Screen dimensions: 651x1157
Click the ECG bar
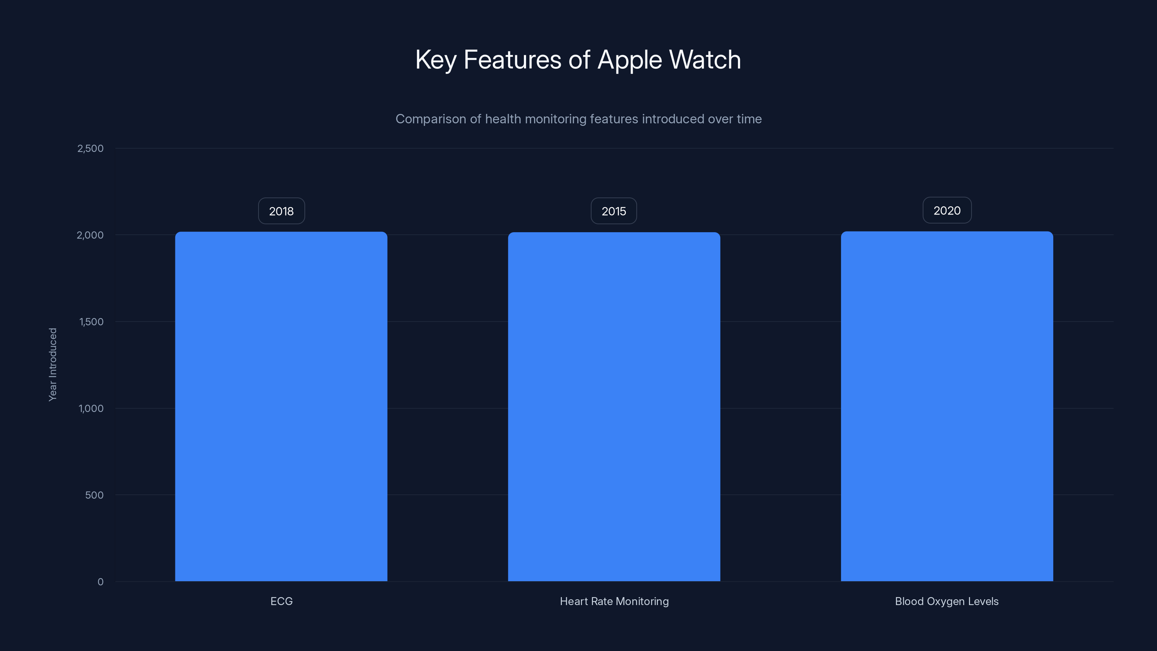(281, 407)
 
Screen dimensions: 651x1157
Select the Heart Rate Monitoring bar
(614, 407)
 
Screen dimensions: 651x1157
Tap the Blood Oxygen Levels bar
(947, 407)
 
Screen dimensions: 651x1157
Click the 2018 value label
(281, 211)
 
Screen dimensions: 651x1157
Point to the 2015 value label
(614, 211)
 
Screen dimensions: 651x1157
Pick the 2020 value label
(947, 210)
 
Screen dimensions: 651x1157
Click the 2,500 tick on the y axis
(90, 149)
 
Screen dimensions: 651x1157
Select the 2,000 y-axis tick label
(90, 235)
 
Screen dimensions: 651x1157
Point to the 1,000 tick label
(91, 409)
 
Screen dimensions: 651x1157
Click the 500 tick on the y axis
(94, 495)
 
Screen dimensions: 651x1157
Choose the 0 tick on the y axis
(101, 582)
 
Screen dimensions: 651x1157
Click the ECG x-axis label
(282, 601)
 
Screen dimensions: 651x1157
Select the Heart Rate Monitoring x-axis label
(614, 601)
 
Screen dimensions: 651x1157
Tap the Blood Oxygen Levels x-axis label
(947, 601)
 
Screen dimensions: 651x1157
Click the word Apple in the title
(630, 60)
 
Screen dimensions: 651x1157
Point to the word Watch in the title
(705, 60)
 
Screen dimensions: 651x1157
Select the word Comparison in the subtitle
(430, 119)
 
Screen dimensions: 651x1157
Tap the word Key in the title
(435, 60)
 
